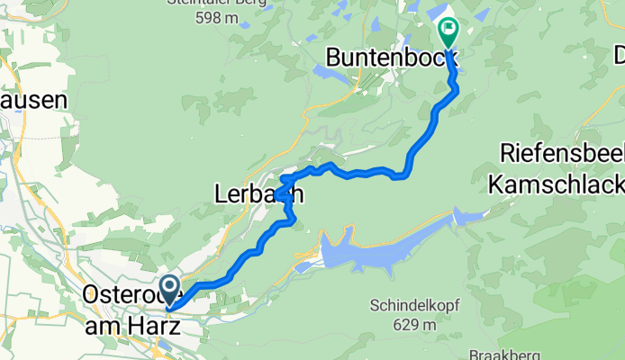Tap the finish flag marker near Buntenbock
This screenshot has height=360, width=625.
coord(448,31)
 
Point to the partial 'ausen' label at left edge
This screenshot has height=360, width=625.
coord(33,100)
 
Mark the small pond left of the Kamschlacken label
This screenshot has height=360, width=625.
coord(468,217)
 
